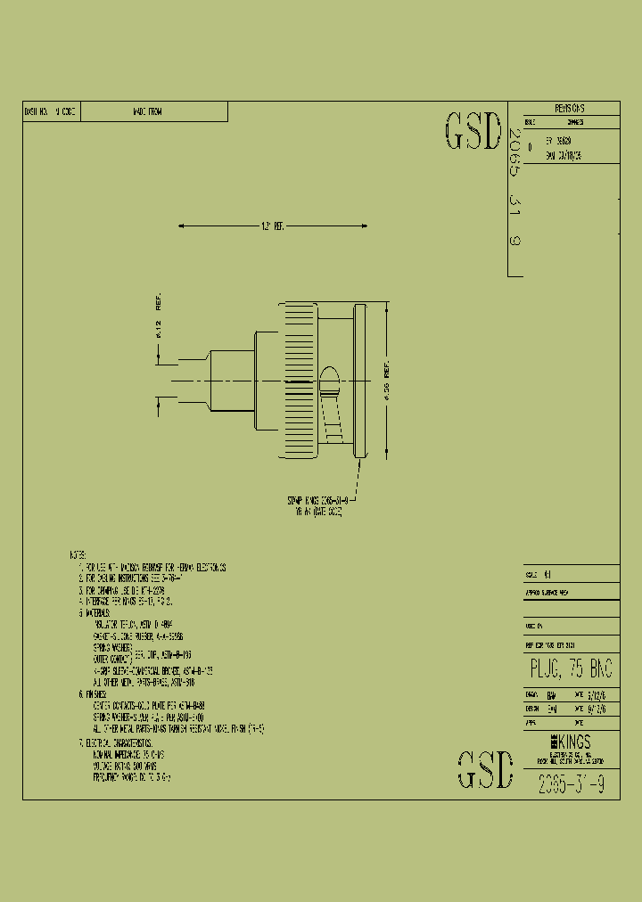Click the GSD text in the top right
(473, 132)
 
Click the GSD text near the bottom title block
(486, 770)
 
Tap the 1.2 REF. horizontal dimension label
(271, 226)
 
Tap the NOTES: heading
(79, 554)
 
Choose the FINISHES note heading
(93, 693)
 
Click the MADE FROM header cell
(147, 111)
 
